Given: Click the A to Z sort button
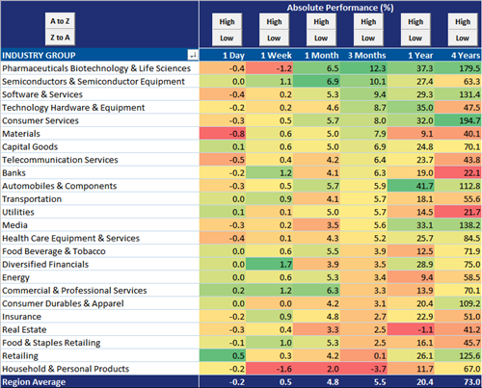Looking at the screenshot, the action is tap(60, 21).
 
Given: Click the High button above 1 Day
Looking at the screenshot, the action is tap(227, 22).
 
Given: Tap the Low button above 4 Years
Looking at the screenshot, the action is tap(463, 39).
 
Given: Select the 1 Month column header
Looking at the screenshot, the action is tap(322, 56).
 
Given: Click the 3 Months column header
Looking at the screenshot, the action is tap(367, 56).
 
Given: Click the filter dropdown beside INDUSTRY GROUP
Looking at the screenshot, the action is tap(193, 55).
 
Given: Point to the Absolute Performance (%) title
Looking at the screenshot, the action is tap(340, 8).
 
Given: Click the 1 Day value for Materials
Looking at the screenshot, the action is tap(223, 134).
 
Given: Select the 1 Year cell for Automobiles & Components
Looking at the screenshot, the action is tap(411, 186).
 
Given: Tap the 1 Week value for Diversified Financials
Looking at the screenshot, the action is tap(269, 265).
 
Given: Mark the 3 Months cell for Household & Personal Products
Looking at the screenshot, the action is tap(363, 369).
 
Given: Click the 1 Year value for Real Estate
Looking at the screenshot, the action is tap(411, 329).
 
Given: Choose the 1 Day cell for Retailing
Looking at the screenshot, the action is tap(223, 355).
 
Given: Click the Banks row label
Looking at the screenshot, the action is tap(13, 173).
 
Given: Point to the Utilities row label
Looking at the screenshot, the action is tap(18, 212).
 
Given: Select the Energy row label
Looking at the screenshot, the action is tap(15, 277).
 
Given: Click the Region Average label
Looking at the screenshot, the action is tap(34, 382).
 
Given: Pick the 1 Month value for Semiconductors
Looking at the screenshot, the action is tap(316, 82).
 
